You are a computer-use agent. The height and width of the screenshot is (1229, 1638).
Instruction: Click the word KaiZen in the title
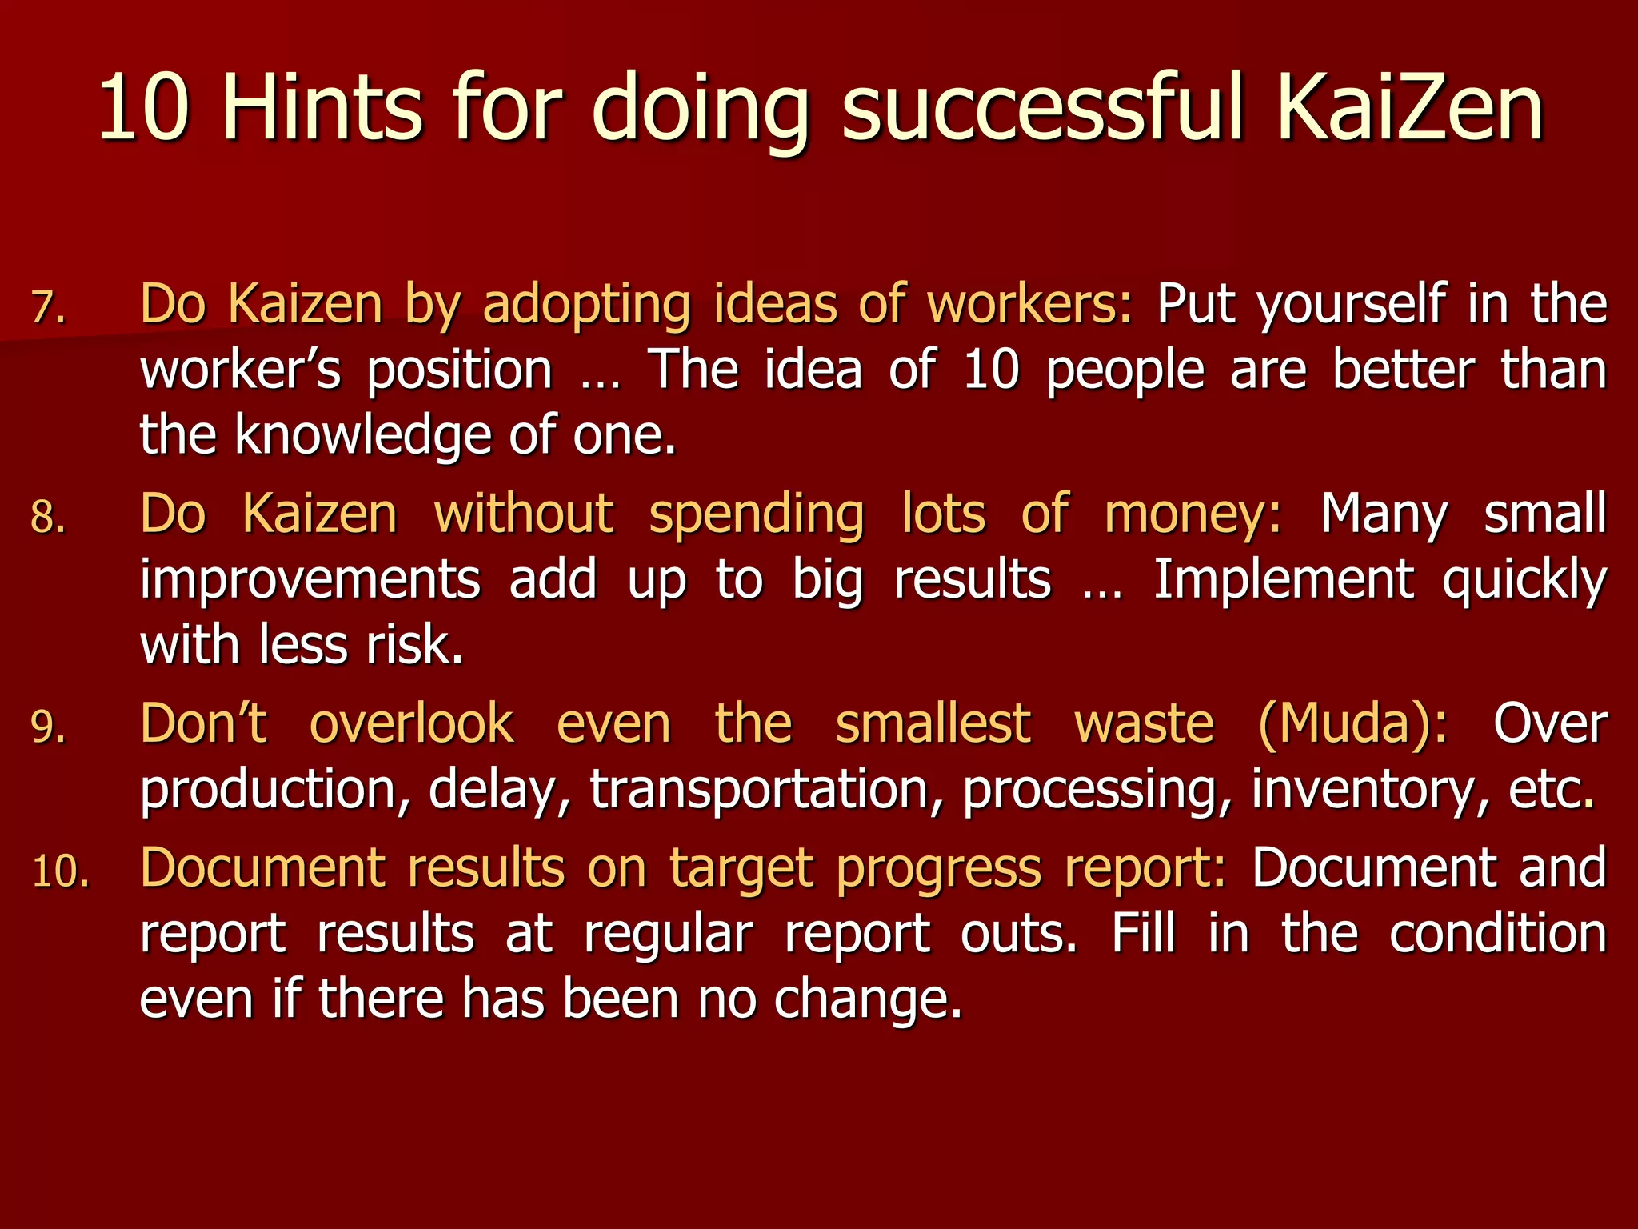point(1410,108)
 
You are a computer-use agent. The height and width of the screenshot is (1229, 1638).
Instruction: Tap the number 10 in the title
point(144,108)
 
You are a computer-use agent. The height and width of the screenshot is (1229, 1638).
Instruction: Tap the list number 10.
point(61,871)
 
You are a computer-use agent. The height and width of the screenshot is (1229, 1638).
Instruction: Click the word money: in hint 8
point(1193,514)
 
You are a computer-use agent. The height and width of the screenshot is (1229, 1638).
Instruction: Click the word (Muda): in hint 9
point(1352,723)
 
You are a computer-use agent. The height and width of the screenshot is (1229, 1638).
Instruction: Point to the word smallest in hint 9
point(933,723)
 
